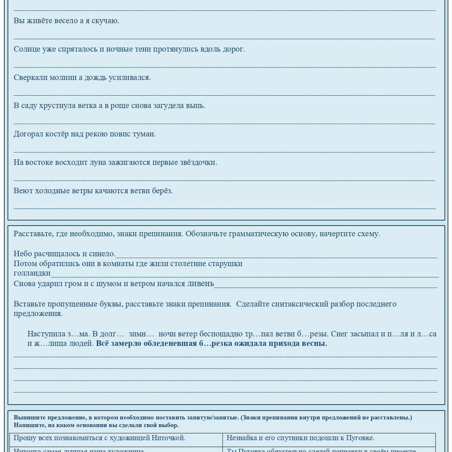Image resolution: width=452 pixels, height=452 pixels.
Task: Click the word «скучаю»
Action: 105,21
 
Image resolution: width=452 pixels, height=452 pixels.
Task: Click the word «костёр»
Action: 57,134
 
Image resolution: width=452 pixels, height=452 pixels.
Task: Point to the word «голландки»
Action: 32,273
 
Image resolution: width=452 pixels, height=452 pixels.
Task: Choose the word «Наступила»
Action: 46,334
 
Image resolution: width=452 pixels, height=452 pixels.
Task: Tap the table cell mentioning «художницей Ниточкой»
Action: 116,438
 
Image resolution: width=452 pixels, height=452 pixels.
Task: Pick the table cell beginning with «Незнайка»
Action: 329,438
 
